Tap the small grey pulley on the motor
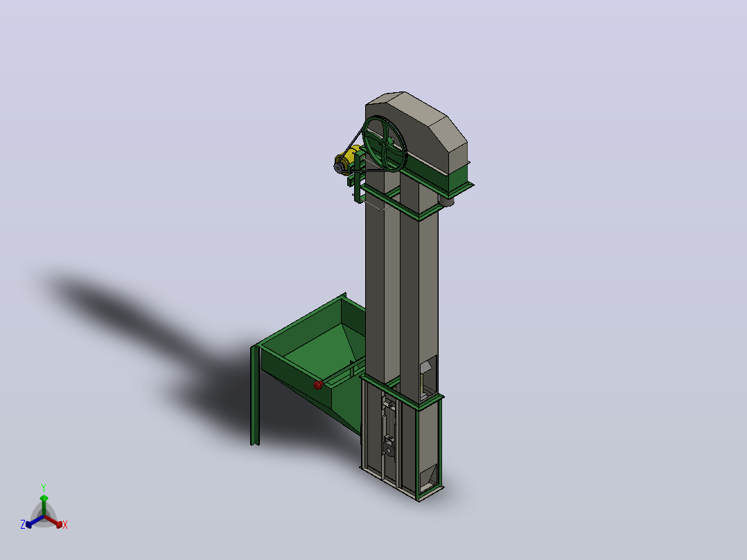pos(339,168)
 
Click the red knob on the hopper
pos(318,385)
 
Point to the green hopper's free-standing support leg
pos(255,396)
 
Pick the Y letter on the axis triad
pos(44,488)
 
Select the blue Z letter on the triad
pos(22,525)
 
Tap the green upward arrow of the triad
pos(44,505)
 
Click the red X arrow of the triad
pos(53,521)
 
